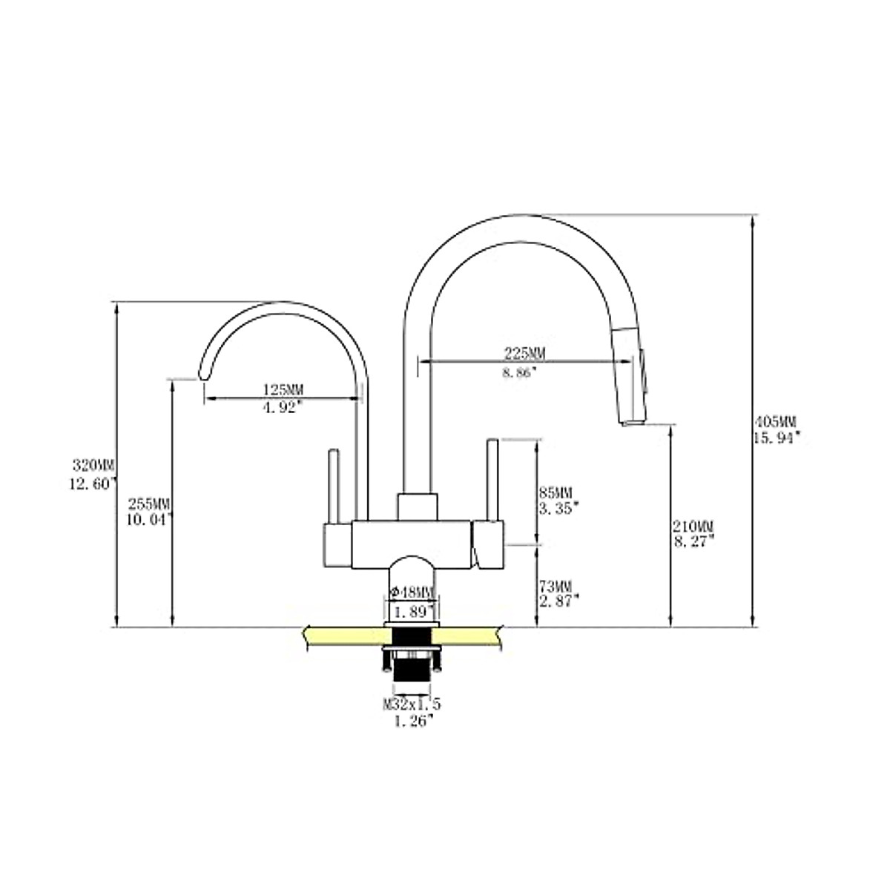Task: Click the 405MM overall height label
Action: (x=776, y=422)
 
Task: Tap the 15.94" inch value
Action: (x=777, y=438)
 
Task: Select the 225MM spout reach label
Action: (x=524, y=354)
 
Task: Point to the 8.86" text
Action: (x=520, y=372)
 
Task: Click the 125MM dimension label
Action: (x=283, y=389)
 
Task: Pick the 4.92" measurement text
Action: (x=282, y=407)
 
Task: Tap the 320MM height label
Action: (x=93, y=465)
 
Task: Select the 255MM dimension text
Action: (x=149, y=504)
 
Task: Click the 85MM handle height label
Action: (x=556, y=492)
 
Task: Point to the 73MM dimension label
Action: (x=556, y=587)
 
